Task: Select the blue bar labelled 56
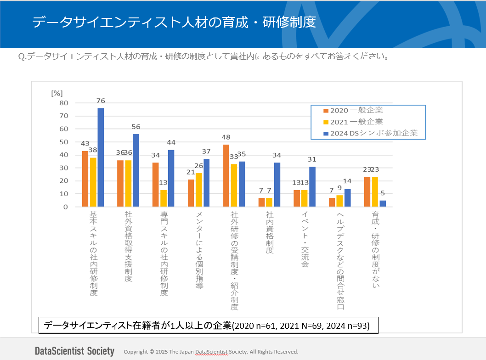click(x=136, y=170)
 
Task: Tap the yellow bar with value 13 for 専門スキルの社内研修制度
click(x=164, y=198)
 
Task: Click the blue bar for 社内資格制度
click(x=277, y=185)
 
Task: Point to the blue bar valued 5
click(x=383, y=203)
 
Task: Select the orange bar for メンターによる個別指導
click(x=191, y=193)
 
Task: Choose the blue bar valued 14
click(x=348, y=198)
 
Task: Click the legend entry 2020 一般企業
click(x=353, y=110)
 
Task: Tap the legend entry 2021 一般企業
click(x=353, y=122)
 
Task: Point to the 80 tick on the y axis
click(x=63, y=103)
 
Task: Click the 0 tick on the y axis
click(x=66, y=207)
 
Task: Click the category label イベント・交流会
click(x=305, y=239)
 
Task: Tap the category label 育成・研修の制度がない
click(x=375, y=250)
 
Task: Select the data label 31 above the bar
click(x=312, y=159)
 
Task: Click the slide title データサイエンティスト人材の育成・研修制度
click(x=174, y=22)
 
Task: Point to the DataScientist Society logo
click(x=74, y=351)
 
